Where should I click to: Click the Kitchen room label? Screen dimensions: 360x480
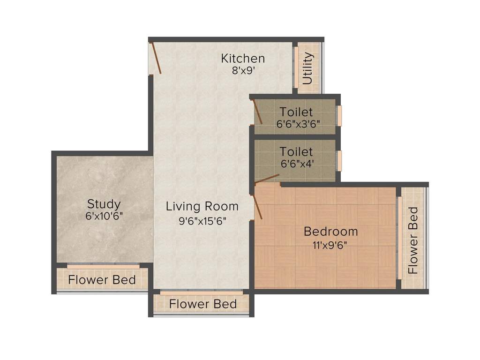[243, 59]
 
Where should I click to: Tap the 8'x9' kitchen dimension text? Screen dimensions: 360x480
[243, 71]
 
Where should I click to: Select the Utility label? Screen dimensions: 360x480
[307, 68]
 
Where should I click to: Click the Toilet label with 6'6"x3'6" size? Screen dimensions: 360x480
[296, 112]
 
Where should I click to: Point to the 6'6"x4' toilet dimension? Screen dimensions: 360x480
[296, 164]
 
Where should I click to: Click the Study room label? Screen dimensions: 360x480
[104, 204]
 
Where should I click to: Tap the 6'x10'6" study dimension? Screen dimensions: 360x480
[104, 217]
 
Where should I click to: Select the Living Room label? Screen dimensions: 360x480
[202, 206]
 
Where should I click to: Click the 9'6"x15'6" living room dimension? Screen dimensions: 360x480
[202, 221]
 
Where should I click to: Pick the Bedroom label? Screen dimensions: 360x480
[330, 231]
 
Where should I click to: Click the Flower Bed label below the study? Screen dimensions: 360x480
[102, 280]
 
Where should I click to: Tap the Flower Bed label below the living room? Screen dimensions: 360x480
[202, 304]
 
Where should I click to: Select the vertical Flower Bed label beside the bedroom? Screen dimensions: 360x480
[412, 240]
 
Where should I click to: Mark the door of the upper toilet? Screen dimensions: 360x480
[257, 112]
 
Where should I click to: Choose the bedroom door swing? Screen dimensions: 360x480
[257, 207]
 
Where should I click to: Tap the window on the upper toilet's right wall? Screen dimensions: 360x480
[339, 116]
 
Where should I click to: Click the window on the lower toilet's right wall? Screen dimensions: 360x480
[339, 159]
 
